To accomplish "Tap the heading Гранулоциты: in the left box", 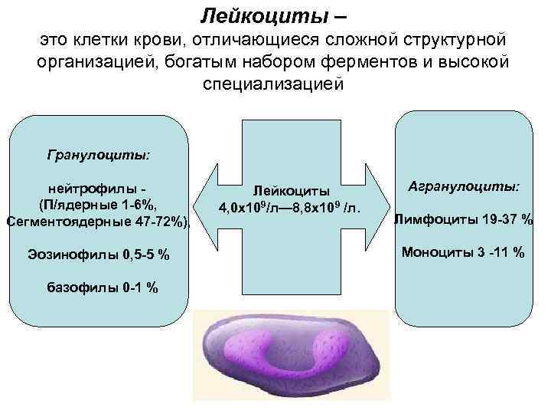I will tap(99, 155).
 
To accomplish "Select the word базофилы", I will tap(80, 287).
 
